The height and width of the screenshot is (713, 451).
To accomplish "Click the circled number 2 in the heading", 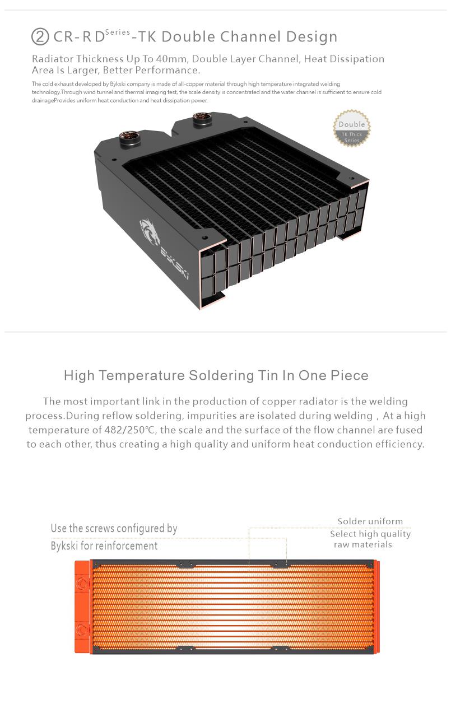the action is [x=40, y=36].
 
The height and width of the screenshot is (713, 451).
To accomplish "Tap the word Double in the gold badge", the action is [x=352, y=124].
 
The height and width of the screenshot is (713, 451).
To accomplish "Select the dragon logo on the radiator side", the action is [x=150, y=232].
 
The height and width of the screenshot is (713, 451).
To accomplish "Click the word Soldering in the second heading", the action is [x=221, y=375].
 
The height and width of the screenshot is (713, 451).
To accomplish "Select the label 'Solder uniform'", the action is [x=370, y=521].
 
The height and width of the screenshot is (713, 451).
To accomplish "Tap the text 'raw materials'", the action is [x=363, y=544].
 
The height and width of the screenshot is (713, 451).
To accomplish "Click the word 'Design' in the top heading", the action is [x=311, y=37].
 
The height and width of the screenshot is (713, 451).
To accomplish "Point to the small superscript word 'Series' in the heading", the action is [x=118, y=32].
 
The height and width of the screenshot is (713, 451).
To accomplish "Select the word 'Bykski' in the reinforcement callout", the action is [x=64, y=546].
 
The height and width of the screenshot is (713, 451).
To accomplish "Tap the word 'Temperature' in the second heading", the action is [x=142, y=375].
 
